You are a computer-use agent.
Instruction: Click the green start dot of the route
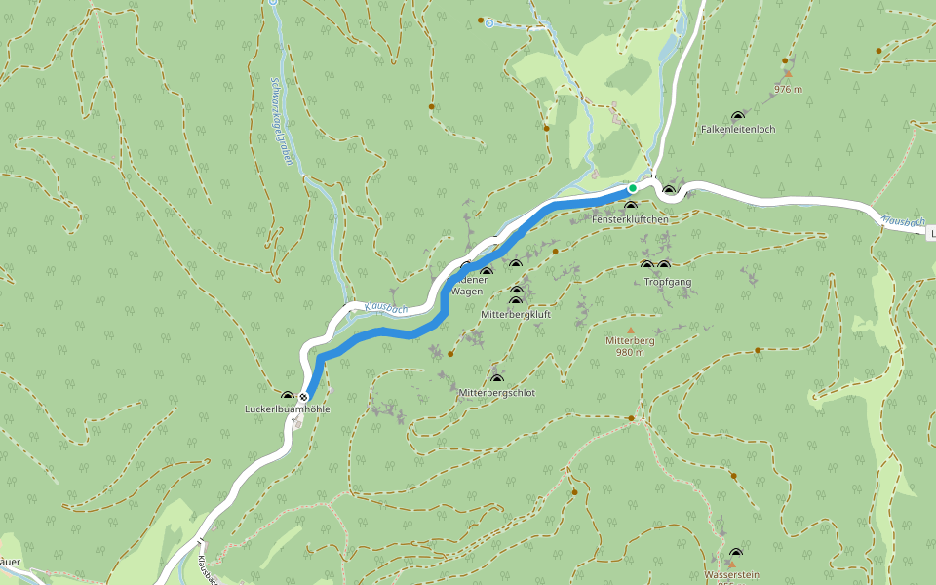[x=633, y=188]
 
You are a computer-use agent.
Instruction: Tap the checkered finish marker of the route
[x=305, y=397]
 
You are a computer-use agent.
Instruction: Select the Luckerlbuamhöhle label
[x=287, y=410]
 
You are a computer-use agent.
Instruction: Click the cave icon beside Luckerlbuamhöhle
[x=287, y=396]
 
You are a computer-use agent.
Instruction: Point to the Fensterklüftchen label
[x=630, y=220]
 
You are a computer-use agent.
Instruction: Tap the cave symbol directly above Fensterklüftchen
[x=630, y=206]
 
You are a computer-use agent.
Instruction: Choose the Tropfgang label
[x=667, y=282]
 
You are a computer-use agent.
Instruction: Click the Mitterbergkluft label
[x=516, y=315]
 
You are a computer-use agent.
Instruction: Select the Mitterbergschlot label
[x=496, y=393]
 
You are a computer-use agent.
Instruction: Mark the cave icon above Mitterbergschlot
[x=496, y=379]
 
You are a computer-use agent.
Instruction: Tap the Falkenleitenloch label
[x=737, y=130]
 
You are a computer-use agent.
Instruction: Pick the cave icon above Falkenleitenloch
[x=737, y=116]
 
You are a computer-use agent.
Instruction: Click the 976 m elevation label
[x=788, y=89]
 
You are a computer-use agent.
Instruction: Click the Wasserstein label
[x=731, y=575]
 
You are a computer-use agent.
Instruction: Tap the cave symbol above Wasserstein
[x=735, y=554]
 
